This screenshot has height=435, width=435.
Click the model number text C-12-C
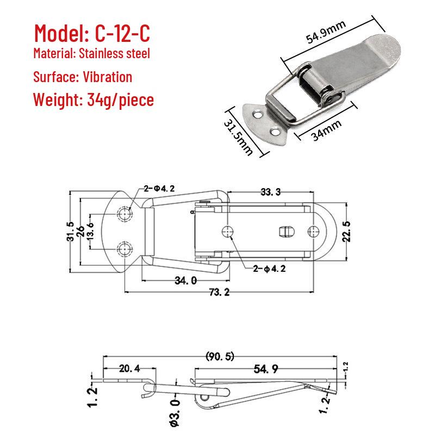(x=123, y=33)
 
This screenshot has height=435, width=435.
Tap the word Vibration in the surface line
(x=107, y=77)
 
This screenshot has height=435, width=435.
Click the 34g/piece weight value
(x=120, y=100)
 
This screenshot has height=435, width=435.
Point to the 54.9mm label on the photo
(x=326, y=32)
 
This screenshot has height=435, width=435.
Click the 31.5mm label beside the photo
(x=238, y=137)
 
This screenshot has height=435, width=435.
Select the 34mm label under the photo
(x=326, y=130)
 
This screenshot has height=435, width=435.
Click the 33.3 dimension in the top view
(x=270, y=192)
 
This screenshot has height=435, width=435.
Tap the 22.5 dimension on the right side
(x=346, y=232)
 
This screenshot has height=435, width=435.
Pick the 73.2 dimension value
(x=220, y=292)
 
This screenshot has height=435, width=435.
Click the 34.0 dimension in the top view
(x=185, y=281)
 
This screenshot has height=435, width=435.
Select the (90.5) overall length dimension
(x=220, y=356)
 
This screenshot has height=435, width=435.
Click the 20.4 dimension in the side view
(x=129, y=369)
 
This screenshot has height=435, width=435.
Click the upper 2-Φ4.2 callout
(x=159, y=189)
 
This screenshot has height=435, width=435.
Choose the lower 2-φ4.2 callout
(x=269, y=269)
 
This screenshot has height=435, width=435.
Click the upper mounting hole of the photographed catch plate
(x=257, y=114)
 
